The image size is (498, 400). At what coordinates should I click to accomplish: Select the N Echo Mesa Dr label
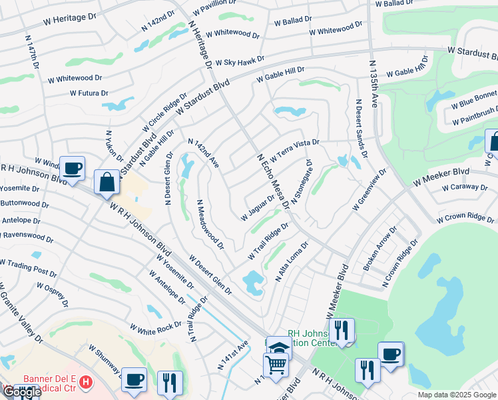coord(273,180)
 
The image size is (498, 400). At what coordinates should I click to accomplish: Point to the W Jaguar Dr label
coord(257,208)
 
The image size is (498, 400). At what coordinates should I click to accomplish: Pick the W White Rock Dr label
coord(156,328)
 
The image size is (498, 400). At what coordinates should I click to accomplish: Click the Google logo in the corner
coord(21,392)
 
